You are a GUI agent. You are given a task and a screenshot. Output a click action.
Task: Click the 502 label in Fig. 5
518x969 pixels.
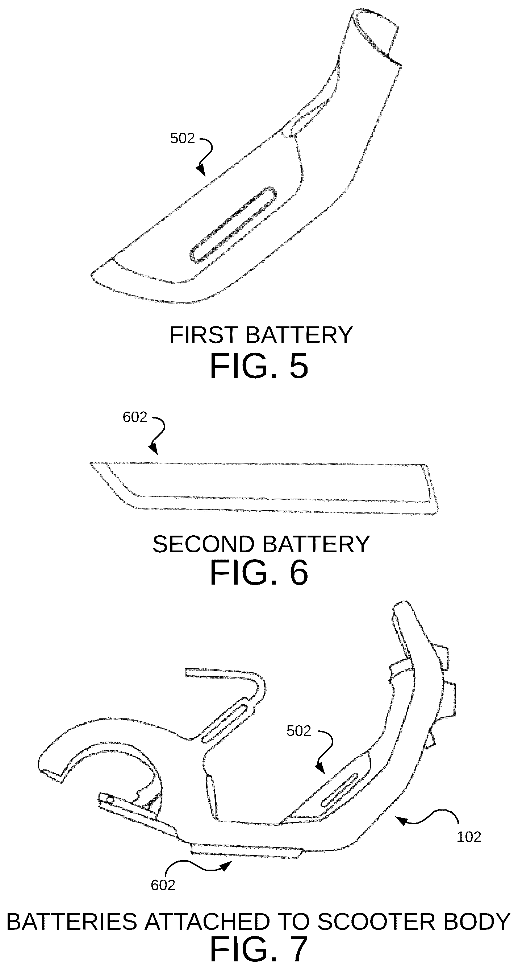coord(183,139)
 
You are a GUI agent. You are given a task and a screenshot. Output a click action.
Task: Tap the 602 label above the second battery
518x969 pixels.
coord(135,417)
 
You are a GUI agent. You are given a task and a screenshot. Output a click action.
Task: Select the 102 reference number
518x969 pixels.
coord(469,837)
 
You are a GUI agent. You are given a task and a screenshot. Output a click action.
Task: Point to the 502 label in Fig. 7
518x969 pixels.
coord(298,730)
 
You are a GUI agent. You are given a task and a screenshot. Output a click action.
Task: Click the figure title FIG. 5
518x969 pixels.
coord(259,366)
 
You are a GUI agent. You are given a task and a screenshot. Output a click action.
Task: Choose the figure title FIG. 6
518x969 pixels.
coord(259,573)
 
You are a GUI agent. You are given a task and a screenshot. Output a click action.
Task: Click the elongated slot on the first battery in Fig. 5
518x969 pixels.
coord(233,223)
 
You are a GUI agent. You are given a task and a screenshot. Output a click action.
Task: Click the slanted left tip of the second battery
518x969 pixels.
coord(91,463)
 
